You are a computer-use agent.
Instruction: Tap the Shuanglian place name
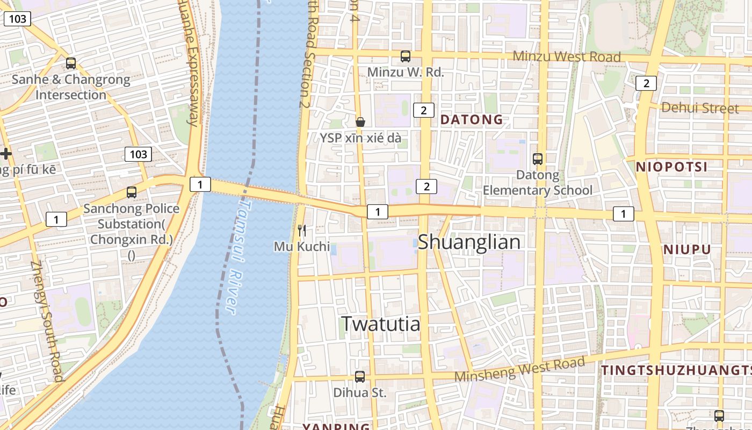pos(469,242)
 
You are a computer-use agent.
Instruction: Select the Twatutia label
pos(380,324)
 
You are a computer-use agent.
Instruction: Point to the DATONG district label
pos(472,119)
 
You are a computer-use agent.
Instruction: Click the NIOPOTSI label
pos(672,167)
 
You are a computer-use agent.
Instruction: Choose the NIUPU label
pos(686,249)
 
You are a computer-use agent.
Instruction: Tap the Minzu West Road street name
pos(567,56)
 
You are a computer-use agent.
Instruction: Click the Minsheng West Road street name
pos(519,370)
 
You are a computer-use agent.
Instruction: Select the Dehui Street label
pos(700,107)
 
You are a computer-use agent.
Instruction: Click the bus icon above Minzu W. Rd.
pos(406,56)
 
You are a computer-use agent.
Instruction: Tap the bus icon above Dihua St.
pos(360,377)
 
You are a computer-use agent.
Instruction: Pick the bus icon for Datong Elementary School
pos(538,159)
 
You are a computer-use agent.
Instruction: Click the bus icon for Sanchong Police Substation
pos(131,192)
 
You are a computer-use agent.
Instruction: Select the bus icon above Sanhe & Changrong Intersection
pos(71,63)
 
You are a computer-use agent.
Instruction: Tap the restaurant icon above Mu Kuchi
pos(302,231)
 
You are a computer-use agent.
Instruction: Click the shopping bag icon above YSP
pos(360,122)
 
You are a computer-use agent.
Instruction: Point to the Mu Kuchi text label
pos(302,246)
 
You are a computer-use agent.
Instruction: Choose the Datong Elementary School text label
pos(538,183)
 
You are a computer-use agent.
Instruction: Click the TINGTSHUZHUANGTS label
pos(676,370)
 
